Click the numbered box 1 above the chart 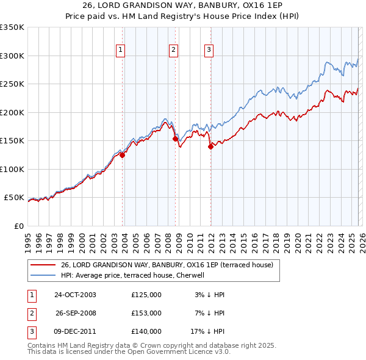(x=120, y=50)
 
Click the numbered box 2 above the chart (x=173, y=50)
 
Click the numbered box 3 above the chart (x=209, y=50)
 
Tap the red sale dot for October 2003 (x=123, y=155)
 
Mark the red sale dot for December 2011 (x=210, y=146)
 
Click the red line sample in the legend (x=43, y=265)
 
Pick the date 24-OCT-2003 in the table (x=75, y=295)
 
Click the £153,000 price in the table (x=146, y=313)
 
